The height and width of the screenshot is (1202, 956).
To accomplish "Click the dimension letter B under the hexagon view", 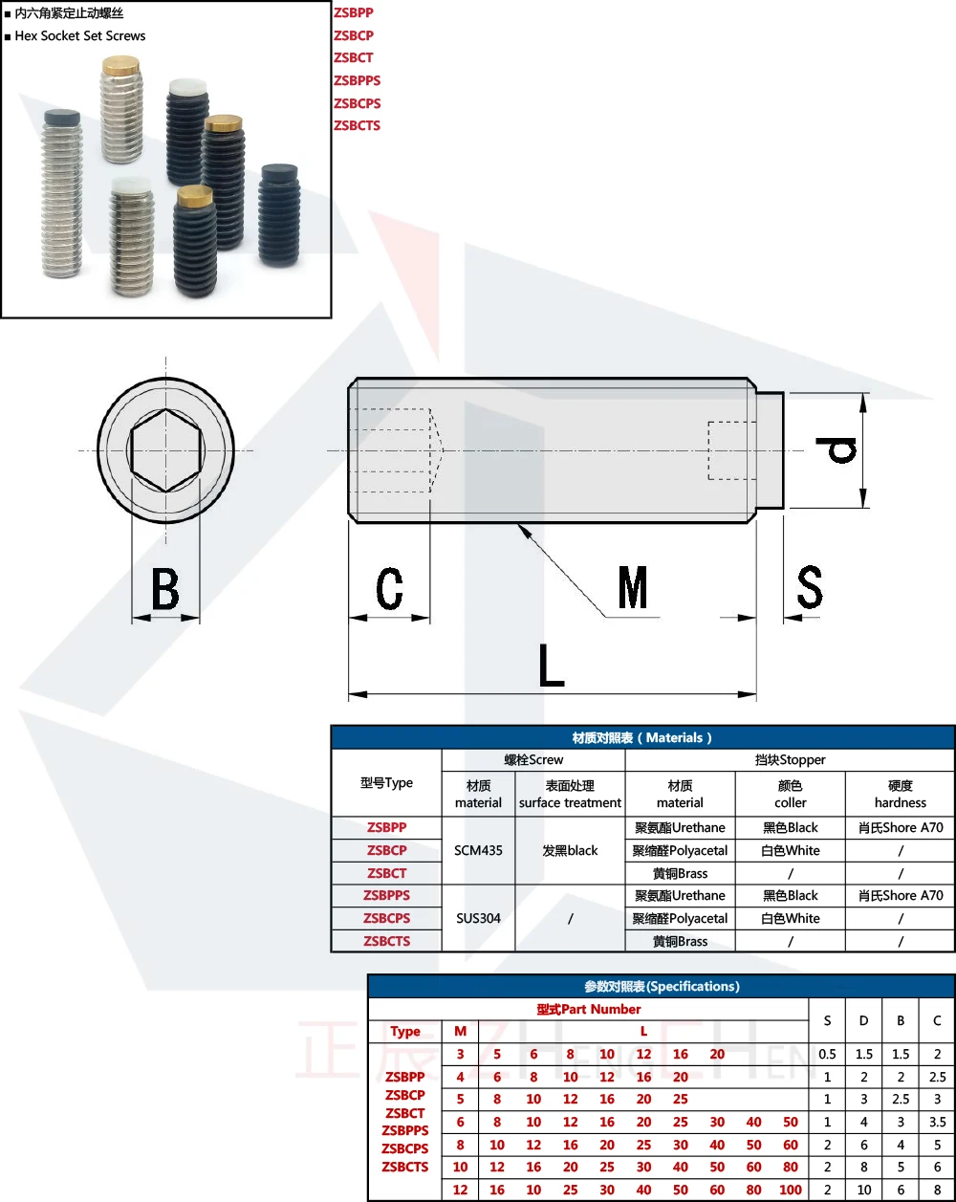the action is coord(165,588).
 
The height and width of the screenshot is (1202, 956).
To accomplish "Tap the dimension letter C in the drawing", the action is coord(389,588).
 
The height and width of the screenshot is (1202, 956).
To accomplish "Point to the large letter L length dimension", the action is coord(552,666).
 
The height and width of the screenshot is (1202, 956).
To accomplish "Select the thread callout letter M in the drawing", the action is coord(633,587).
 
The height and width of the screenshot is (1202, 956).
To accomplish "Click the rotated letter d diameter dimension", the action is coord(836,450).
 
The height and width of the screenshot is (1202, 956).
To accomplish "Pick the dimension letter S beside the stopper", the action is coord(810,586).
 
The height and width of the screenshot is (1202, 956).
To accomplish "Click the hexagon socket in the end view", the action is coord(165,450).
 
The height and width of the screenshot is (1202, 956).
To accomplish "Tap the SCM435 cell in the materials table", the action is coord(478,850).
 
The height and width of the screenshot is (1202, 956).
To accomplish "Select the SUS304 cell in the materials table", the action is coord(478,918).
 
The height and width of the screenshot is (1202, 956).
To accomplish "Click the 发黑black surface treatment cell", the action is coord(570,850).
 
